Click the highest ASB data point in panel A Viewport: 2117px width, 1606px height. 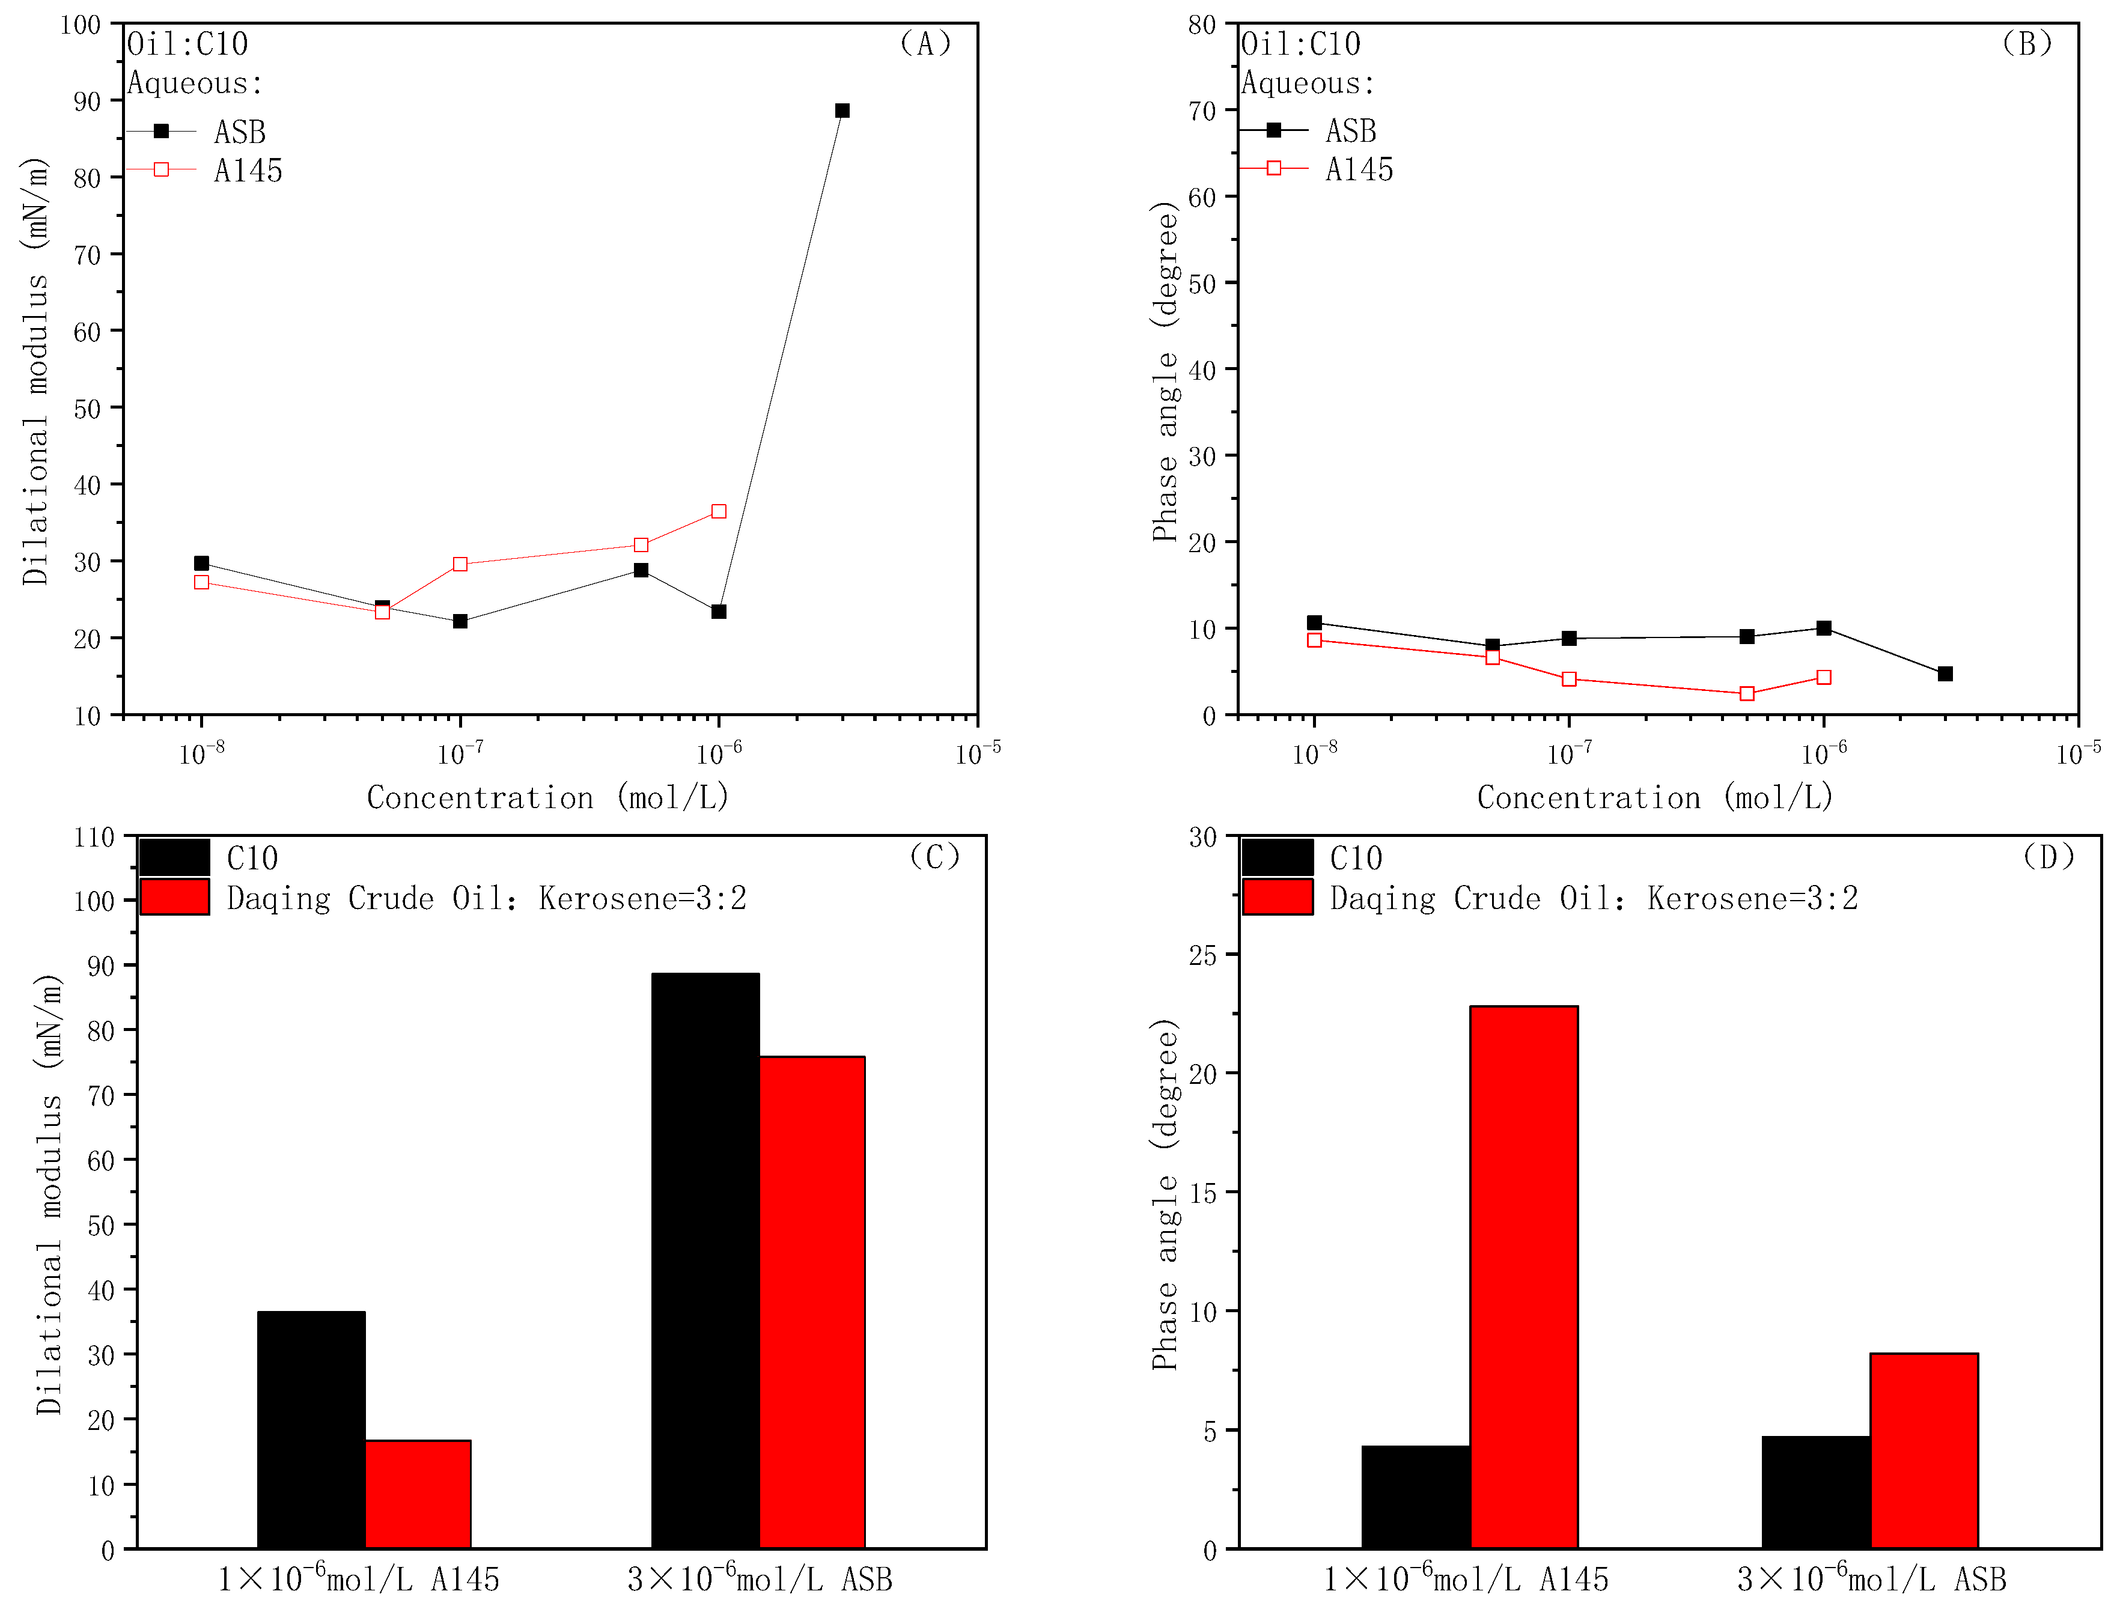click(842, 111)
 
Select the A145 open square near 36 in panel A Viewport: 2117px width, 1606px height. click(719, 512)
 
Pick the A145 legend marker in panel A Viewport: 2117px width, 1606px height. click(162, 169)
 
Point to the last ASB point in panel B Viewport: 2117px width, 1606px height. click(1945, 674)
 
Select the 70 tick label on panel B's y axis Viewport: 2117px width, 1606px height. click(1202, 111)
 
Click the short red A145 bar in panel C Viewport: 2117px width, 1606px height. click(418, 1493)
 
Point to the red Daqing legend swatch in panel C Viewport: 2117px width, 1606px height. click(175, 897)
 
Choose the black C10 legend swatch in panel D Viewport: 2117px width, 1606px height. click(1278, 857)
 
